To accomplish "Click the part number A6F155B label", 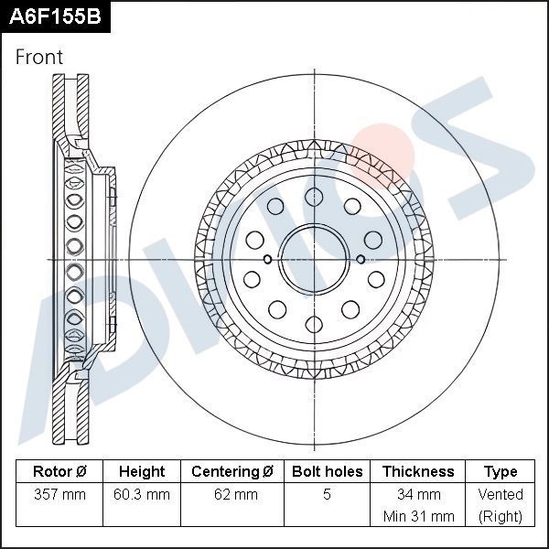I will (x=54, y=17).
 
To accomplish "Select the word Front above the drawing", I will (x=39, y=57).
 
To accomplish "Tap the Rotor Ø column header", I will (x=59, y=472).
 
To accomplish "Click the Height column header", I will (x=142, y=472).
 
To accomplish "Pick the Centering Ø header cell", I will (x=232, y=472).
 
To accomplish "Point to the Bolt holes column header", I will (x=328, y=472).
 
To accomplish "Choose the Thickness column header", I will (x=418, y=472).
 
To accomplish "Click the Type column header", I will (x=501, y=472).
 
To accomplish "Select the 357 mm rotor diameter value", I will (x=59, y=495).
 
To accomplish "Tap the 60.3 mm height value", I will (x=142, y=495).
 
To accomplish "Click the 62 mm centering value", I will (x=232, y=495).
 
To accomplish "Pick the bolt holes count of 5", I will (x=328, y=495).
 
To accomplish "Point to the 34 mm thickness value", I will (x=418, y=495).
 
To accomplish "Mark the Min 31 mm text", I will (x=418, y=516).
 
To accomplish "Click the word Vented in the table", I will (x=501, y=495).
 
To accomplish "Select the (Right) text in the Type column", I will (x=501, y=516).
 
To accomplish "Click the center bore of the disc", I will (x=314, y=260).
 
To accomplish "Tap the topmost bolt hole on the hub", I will (x=314, y=196).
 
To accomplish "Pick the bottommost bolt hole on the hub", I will (x=314, y=324).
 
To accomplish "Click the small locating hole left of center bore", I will (x=267, y=260).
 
